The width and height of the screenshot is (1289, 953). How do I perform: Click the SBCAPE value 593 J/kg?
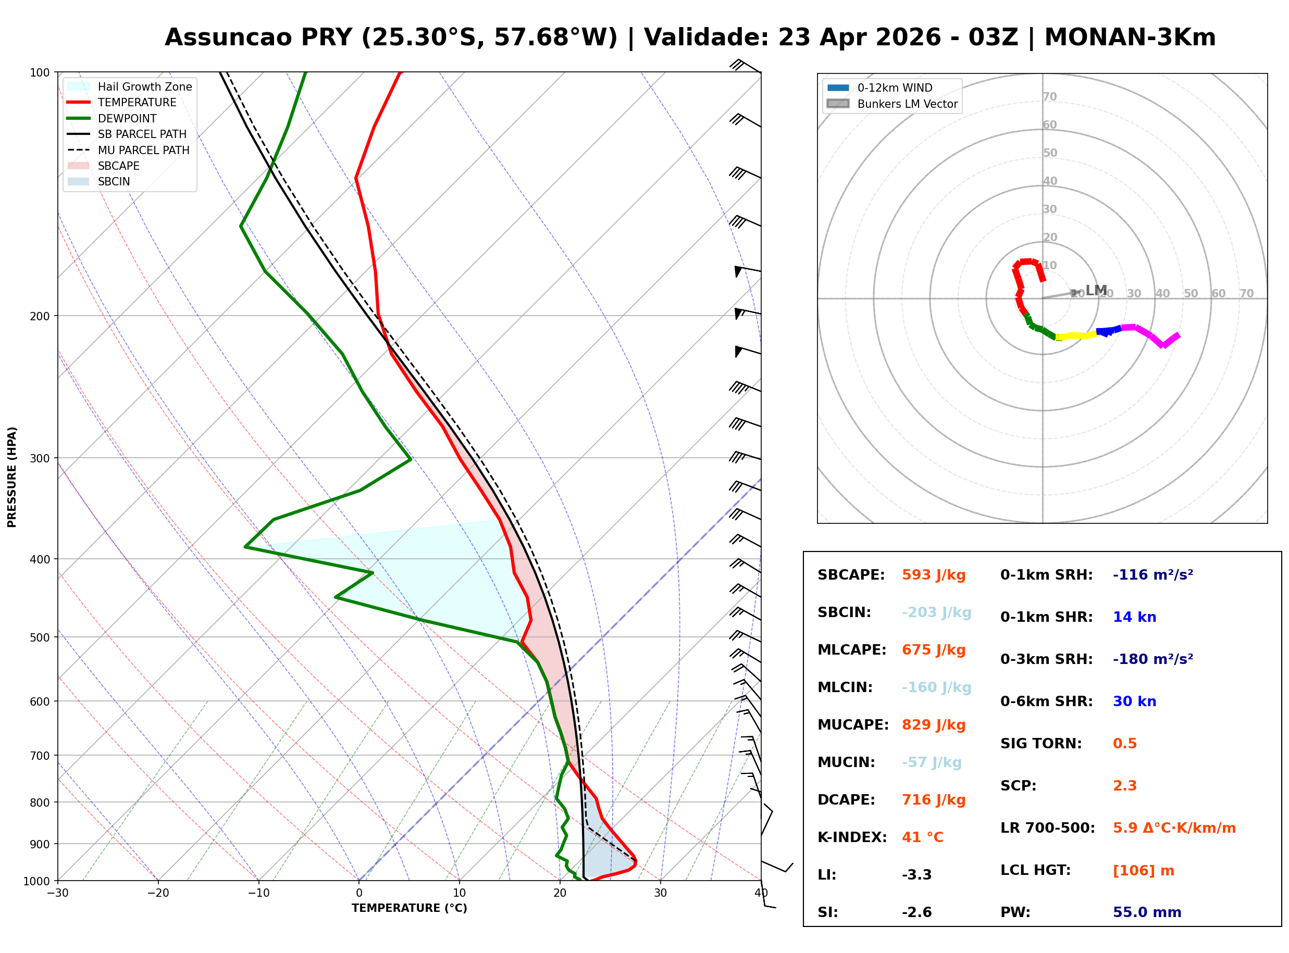tap(933, 575)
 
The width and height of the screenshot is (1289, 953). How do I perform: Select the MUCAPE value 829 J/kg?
tap(933, 725)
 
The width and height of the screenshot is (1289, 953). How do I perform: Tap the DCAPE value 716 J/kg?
tap(933, 800)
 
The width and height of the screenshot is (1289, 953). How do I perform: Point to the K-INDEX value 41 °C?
tap(922, 837)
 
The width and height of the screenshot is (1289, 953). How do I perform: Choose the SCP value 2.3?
tap(1124, 786)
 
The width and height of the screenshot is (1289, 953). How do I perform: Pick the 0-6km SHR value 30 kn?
tap(1134, 701)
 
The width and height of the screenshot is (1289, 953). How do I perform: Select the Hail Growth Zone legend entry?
tap(144, 86)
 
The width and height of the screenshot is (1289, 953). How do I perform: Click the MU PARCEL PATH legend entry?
tap(143, 150)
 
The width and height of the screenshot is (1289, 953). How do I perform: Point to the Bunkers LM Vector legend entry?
tap(907, 104)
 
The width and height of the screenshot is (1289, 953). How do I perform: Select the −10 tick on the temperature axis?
tap(258, 894)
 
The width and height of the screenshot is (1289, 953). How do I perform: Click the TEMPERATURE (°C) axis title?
tap(409, 909)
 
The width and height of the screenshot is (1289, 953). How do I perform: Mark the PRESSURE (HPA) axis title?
tap(12, 477)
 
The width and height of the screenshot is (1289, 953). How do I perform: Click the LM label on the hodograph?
tap(1096, 290)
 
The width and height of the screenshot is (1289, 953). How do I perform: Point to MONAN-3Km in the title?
tap(1129, 37)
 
